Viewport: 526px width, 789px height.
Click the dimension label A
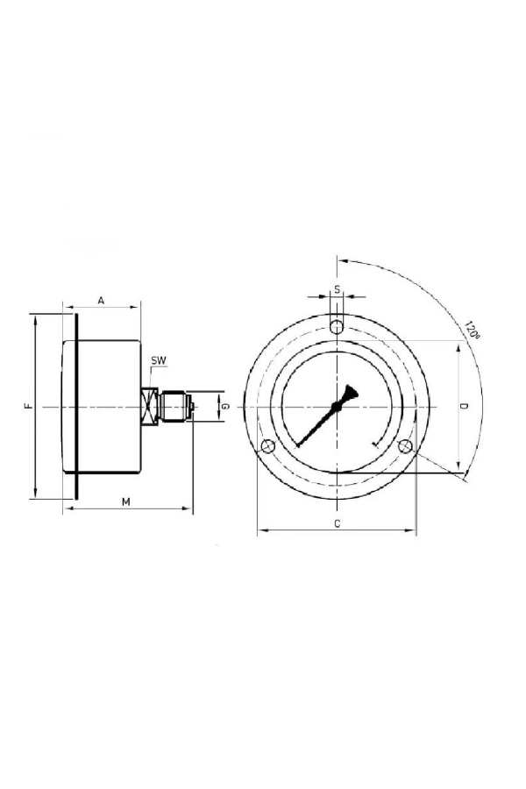click(101, 300)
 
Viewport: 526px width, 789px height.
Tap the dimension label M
click(125, 501)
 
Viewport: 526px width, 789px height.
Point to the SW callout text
click(158, 360)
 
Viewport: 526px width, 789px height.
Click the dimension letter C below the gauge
click(337, 523)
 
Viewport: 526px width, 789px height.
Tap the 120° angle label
click(473, 331)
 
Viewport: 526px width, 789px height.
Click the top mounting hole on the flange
click(337, 327)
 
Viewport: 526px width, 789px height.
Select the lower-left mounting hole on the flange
click(268, 447)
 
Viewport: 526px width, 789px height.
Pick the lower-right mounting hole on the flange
click(405, 447)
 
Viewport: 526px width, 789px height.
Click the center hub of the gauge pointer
click(337, 407)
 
